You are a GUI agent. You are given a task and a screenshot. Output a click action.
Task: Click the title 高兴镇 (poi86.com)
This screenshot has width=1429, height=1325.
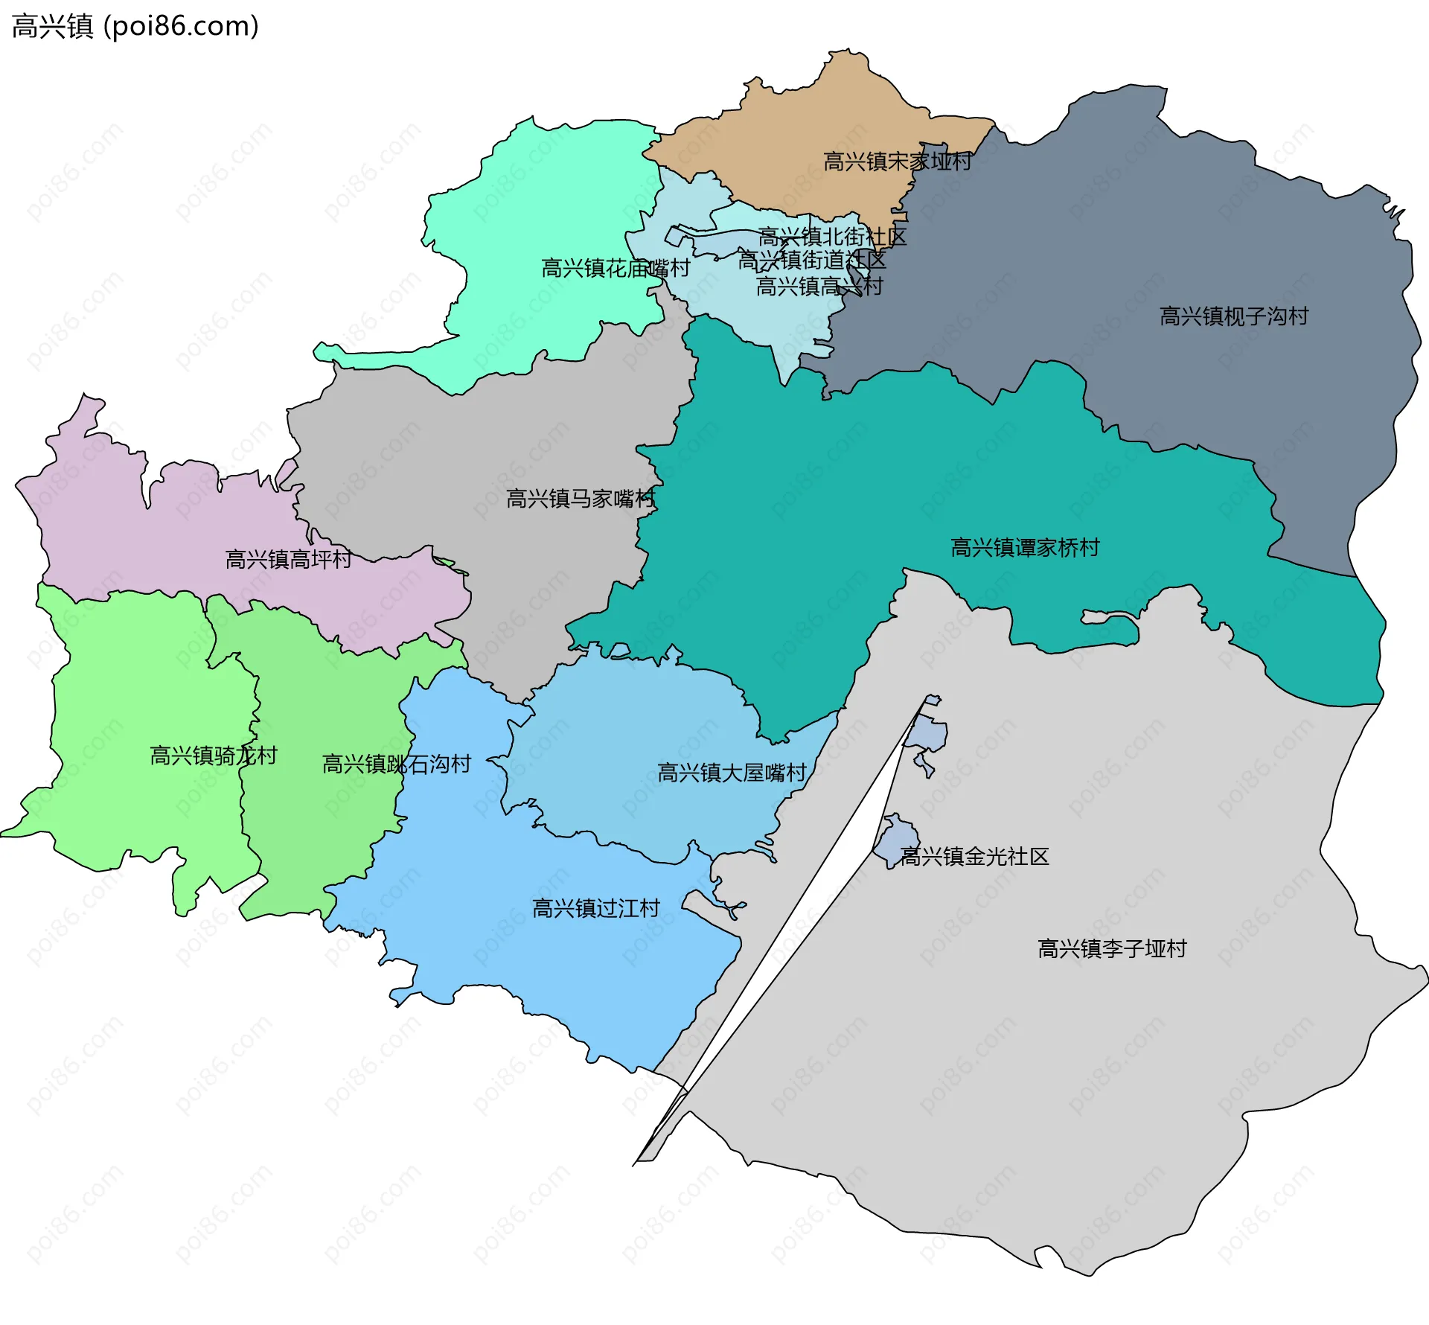click(x=135, y=27)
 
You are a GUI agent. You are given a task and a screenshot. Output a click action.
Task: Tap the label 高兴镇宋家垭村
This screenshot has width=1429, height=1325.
click(x=897, y=162)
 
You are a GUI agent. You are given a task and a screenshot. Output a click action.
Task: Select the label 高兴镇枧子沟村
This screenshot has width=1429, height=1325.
click(x=1233, y=316)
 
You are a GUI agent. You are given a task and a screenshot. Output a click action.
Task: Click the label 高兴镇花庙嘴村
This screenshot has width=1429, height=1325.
click(x=616, y=268)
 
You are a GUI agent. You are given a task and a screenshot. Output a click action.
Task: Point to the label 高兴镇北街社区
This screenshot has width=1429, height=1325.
click(x=831, y=237)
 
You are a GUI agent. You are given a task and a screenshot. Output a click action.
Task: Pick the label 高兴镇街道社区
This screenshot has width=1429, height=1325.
click(x=811, y=261)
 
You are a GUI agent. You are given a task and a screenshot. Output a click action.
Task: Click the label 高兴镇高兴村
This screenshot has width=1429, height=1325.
click(x=819, y=286)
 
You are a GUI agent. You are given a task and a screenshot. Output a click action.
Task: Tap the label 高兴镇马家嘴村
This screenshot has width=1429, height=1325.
click(x=580, y=499)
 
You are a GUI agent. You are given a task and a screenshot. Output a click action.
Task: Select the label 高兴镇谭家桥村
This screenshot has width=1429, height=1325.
click(x=1024, y=548)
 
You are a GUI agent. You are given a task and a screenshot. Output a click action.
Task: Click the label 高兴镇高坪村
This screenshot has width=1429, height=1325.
click(x=288, y=560)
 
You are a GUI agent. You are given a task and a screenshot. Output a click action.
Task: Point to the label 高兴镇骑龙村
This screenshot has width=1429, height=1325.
click(x=214, y=756)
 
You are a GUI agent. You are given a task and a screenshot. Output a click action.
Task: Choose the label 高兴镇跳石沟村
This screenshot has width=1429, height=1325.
click(x=396, y=764)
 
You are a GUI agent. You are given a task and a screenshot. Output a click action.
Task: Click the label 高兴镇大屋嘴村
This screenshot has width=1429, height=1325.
click(x=732, y=773)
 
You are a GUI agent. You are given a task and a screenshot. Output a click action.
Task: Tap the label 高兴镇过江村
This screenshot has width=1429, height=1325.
click(x=595, y=908)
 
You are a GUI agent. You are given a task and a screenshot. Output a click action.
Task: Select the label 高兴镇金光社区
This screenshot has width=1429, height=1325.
click(x=974, y=857)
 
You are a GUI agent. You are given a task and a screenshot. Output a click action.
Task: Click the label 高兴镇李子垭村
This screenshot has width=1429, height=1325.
click(x=1111, y=949)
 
